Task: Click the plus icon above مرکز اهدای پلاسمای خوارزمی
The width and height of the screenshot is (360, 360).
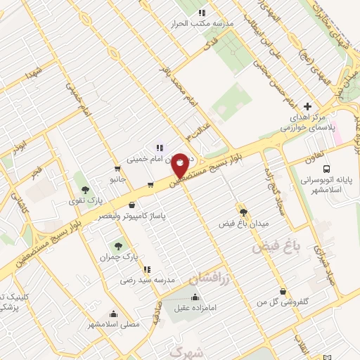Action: (307, 105)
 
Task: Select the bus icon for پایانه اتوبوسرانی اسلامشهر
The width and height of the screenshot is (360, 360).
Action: (326, 169)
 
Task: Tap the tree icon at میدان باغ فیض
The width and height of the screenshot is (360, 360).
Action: (243, 212)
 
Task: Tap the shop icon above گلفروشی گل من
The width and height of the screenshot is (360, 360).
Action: (283, 291)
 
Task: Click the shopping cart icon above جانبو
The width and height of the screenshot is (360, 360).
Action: (117, 169)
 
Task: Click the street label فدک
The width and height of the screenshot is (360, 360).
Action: (208, 45)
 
